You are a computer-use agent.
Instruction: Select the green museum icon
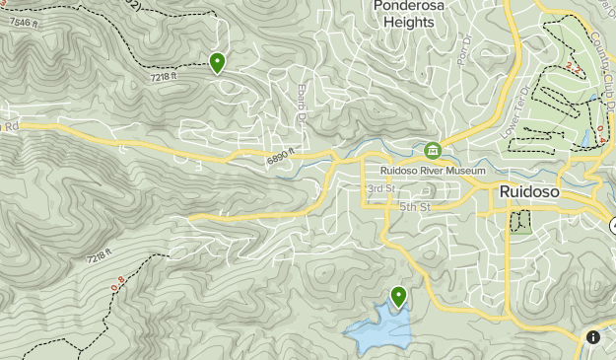coord(432,150)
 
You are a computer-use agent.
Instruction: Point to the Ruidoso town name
coord(529,192)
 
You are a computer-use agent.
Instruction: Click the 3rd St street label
coord(380,188)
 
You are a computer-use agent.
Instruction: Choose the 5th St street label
coord(415,207)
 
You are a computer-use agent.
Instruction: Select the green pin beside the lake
coord(399,295)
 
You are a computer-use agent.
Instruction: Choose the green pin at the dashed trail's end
coord(217,62)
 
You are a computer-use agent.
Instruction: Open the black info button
coord(593,336)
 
